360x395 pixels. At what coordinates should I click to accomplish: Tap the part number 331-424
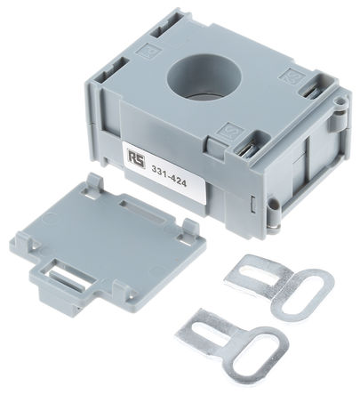(169, 176)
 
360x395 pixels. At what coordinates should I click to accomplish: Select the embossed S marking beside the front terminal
(230, 132)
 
